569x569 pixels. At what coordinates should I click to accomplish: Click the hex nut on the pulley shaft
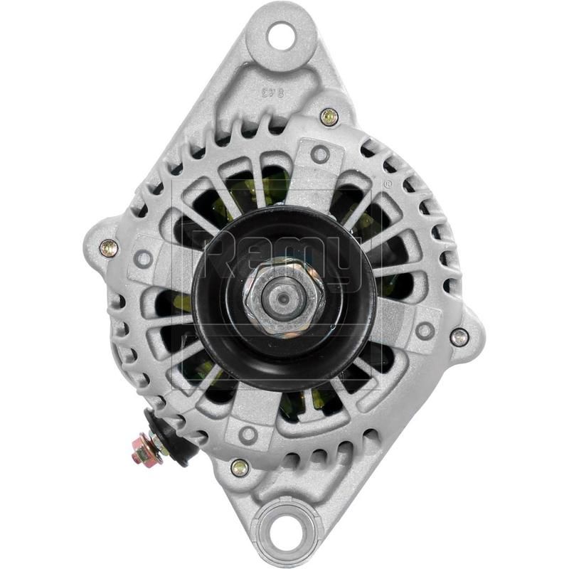tap(283, 293)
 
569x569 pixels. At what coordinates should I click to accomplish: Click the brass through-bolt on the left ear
tap(108, 248)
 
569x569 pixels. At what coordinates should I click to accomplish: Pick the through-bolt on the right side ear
tap(459, 336)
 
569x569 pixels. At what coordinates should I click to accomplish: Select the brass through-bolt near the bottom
tap(240, 466)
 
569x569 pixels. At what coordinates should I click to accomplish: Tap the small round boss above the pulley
tap(320, 153)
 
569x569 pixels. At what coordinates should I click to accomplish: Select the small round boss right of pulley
tap(425, 329)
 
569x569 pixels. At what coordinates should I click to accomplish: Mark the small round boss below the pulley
tap(248, 434)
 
